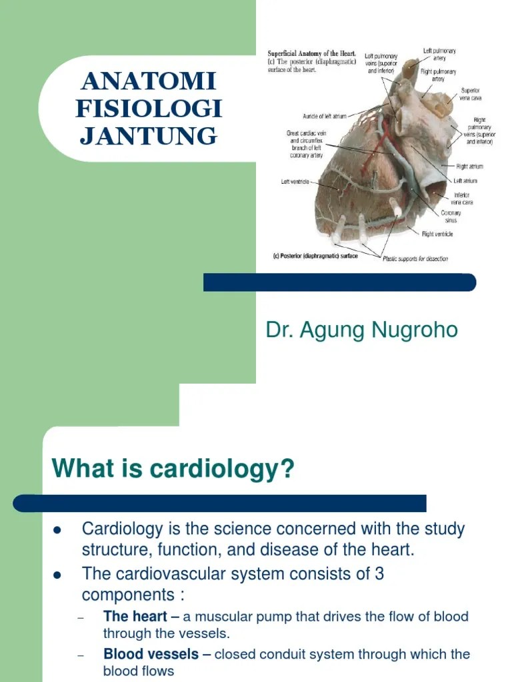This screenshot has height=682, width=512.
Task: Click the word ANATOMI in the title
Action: (148, 82)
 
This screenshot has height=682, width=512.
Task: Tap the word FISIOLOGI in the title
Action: (148, 109)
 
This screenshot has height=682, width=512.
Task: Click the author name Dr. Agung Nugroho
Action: (362, 330)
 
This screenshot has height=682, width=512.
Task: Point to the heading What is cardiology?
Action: (173, 470)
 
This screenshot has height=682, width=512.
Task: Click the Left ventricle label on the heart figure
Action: (295, 181)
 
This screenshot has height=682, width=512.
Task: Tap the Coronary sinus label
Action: (451, 216)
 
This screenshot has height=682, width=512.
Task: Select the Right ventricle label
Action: (437, 234)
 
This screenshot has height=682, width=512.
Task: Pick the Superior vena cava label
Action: (470, 94)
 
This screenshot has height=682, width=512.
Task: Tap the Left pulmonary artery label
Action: (439, 54)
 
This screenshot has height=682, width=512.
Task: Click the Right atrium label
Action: (469, 167)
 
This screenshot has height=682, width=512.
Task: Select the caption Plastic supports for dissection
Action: (415, 259)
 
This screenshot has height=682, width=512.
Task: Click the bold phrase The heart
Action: (135, 617)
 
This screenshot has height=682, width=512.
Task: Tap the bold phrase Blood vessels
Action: (151, 654)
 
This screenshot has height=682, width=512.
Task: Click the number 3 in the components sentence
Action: (379, 573)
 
